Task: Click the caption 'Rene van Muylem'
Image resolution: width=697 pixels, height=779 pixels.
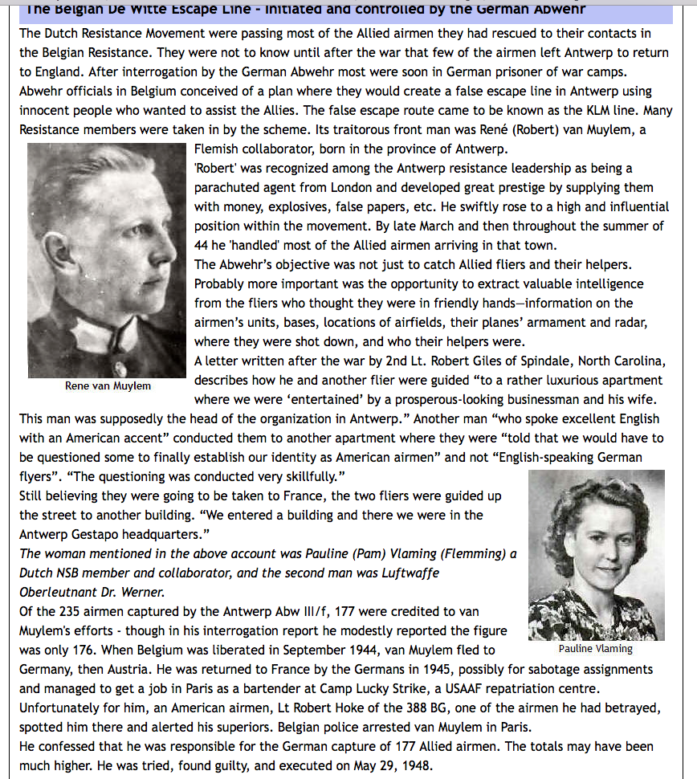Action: [x=108, y=385]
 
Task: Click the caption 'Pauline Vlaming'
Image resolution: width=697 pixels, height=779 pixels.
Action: [x=595, y=648]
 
